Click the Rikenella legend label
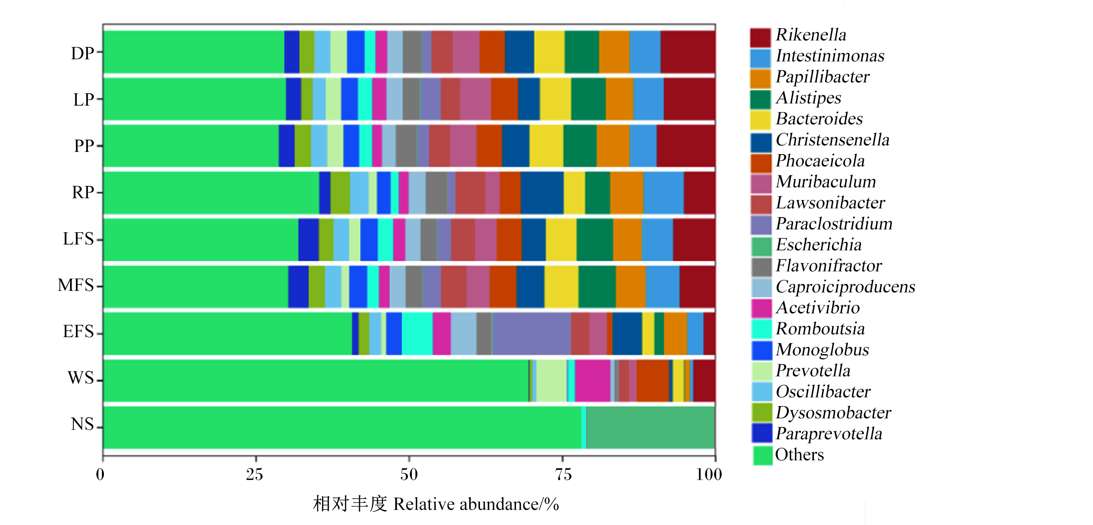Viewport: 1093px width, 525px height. point(811,35)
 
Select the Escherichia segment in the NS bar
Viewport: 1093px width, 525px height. point(650,428)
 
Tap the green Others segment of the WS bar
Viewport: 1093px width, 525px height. point(316,381)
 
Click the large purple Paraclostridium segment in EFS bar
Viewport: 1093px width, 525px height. point(531,333)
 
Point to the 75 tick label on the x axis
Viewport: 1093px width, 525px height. point(563,474)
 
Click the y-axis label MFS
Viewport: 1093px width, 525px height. point(76,285)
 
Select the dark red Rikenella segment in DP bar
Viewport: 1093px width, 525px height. point(688,52)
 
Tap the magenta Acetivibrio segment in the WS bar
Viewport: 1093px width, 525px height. point(592,381)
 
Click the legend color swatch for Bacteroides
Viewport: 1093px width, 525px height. point(760,120)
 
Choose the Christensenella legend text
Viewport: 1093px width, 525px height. point(832,140)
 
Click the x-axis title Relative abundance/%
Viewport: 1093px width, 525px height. point(476,504)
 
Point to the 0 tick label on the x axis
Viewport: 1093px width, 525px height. point(100,474)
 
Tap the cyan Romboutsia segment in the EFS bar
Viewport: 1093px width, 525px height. point(417,333)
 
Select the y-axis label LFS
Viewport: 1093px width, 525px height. point(79,239)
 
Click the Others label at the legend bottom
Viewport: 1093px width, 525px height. point(799,455)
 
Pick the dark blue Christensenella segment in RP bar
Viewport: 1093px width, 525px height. point(542,193)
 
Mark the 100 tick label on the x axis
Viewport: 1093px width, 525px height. point(709,474)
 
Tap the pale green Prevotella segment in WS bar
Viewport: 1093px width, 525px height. point(551,381)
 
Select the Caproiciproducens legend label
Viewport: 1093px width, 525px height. point(845,287)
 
